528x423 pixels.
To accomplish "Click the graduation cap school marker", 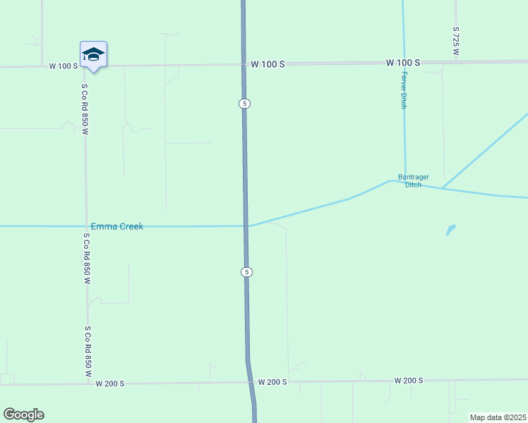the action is [x=93, y=55].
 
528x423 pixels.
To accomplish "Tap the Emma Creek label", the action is [x=117, y=226].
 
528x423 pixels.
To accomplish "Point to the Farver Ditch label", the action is [x=404, y=90].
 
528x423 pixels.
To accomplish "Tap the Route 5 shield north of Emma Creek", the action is [x=244, y=104].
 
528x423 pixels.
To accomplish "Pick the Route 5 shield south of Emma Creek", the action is [x=246, y=272].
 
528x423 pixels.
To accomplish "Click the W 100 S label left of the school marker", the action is [x=63, y=66].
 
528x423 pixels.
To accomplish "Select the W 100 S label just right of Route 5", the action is [x=268, y=63].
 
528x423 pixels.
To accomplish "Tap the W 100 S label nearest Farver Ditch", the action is [x=403, y=63].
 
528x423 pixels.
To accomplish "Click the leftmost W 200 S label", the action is [x=110, y=384].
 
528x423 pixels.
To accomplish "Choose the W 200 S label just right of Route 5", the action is [x=272, y=381].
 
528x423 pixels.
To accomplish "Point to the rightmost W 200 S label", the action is [x=409, y=380].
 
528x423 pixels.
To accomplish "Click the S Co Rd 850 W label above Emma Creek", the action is [x=85, y=109].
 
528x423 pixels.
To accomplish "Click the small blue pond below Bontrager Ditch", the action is [x=451, y=230].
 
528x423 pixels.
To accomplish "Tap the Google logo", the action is [x=23, y=415].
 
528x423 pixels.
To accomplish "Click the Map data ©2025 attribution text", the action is [x=498, y=417].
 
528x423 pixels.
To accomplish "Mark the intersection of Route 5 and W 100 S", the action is [x=244, y=64].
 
